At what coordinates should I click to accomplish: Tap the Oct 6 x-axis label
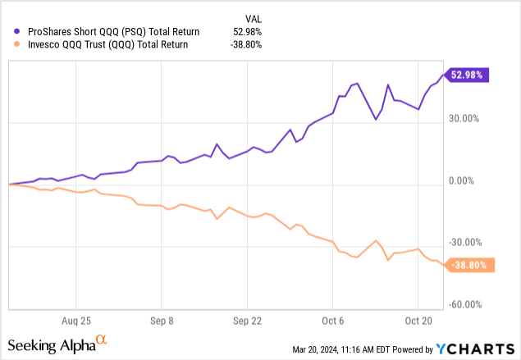[332, 321]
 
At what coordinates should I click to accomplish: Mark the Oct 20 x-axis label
[418, 321]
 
